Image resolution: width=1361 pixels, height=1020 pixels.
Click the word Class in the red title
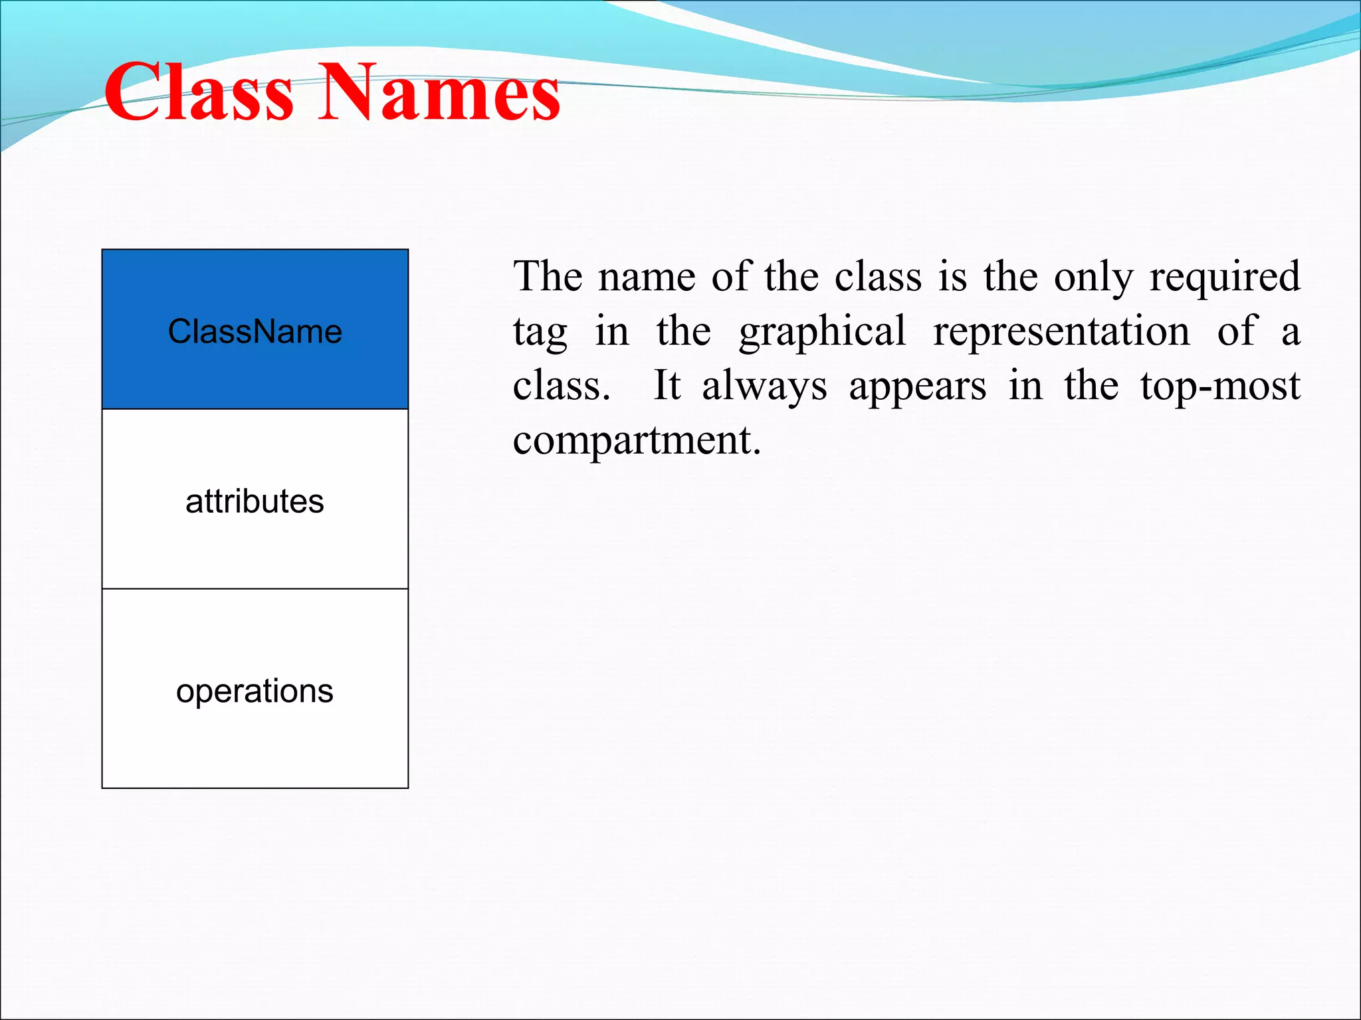[198, 93]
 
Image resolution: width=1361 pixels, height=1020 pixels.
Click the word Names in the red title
[439, 93]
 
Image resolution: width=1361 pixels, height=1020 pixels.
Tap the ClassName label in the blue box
[255, 331]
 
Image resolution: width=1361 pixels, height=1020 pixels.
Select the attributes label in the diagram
[255, 501]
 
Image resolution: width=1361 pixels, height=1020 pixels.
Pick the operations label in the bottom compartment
[255, 691]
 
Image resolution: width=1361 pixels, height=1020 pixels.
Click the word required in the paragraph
[1224, 278]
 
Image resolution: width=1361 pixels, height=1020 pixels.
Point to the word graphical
[822, 332]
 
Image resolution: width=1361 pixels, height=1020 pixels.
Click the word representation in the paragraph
[1061, 332]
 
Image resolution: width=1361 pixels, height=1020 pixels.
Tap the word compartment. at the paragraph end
[636, 441]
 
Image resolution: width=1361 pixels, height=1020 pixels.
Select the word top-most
[1220, 386]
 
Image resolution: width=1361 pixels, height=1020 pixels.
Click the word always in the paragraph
[764, 386]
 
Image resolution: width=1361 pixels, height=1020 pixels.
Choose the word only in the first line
[1093, 278]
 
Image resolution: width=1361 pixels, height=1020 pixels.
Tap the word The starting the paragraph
[548, 276]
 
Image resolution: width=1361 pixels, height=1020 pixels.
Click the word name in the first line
[647, 278]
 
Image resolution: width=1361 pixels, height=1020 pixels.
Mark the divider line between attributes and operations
[255, 588]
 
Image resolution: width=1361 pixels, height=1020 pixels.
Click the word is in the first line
[952, 276]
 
